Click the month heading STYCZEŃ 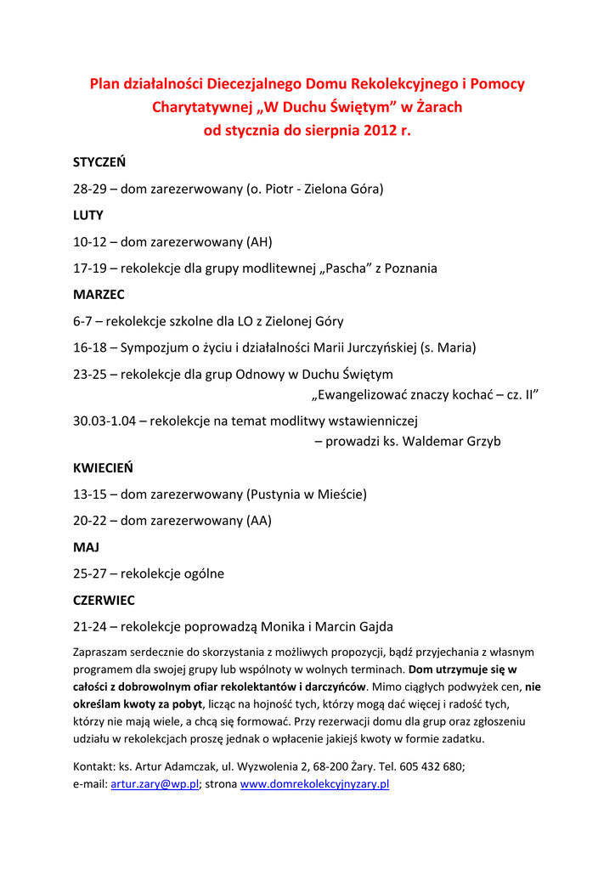(99, 161)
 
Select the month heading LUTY (88, 215)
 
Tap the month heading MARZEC (99, 295)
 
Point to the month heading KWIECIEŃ (103, 467)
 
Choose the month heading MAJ (86, 547)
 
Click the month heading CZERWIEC (104, 600)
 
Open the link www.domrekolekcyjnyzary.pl (314, 784)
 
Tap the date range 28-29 (89, 189)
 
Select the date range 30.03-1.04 (110, 420)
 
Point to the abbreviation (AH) (259, 242)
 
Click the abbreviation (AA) (259, 521)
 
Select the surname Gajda (373, 627)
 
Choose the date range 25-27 (89, 573)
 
